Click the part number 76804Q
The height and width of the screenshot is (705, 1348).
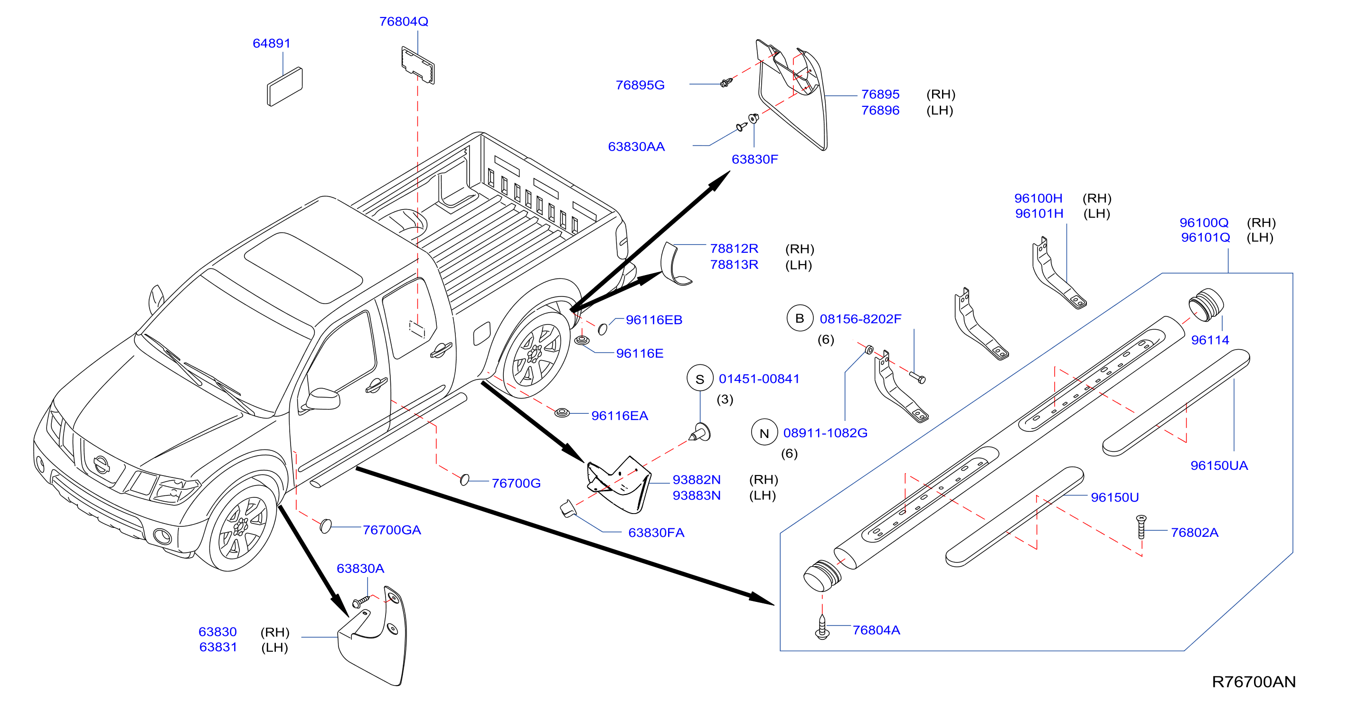click(404, 21)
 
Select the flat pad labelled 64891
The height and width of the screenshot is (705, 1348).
click(285, 86)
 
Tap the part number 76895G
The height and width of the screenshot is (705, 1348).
click(640, 85)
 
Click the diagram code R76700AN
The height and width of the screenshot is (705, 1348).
click(1254, 681)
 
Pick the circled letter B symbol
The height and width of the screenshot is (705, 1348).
click(800, 318)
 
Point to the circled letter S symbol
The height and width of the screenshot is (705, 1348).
click(700, 379)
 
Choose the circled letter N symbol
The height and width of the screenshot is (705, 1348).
click(764, 432)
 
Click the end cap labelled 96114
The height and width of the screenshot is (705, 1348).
click(1206, 305)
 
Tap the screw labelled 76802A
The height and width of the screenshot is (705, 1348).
click(1141, 526)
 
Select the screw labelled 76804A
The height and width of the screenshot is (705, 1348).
click(822, 627)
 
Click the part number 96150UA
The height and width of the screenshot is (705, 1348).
click(1219, 465)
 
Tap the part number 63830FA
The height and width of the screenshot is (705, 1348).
click(656, 532)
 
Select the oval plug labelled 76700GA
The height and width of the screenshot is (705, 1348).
click(326, 526)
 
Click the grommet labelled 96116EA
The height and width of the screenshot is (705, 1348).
click(562, 412)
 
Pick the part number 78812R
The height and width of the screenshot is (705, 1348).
click(734, 248)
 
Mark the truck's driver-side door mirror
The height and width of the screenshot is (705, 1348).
click(322, 400)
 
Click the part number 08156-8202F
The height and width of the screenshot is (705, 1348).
click(860, 319)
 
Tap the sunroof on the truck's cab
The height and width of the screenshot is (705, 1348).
click(303, 267)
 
